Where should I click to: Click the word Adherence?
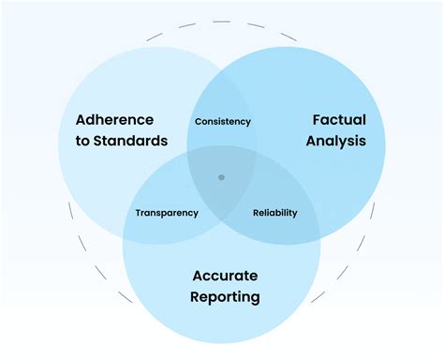pos(116,121)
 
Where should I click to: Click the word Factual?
pos(338,121)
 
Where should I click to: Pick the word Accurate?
pos(225,276)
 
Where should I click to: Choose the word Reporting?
pos(225,297)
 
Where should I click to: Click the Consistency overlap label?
pos(222,122)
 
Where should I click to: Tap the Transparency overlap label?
pos(167,213)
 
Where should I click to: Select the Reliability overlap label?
pos(275,213)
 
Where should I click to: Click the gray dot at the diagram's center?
pos(221,176)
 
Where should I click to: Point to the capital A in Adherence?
pos(81,121)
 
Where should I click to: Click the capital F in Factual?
pos(315,121)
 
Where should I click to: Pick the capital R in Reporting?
pos(194,297)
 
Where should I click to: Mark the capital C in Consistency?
pos(197,122)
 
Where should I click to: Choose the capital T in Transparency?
pos(138,213)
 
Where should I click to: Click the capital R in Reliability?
pos(257,213)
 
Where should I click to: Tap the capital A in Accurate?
pos(197,276)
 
